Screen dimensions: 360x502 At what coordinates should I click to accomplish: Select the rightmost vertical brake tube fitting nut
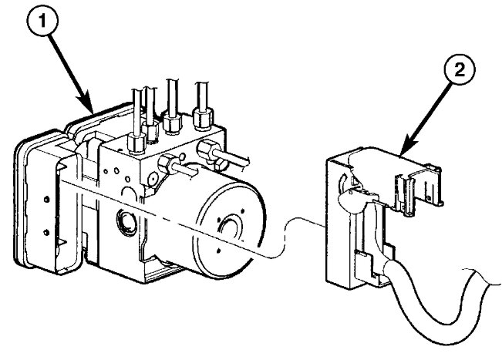coord(204,117)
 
